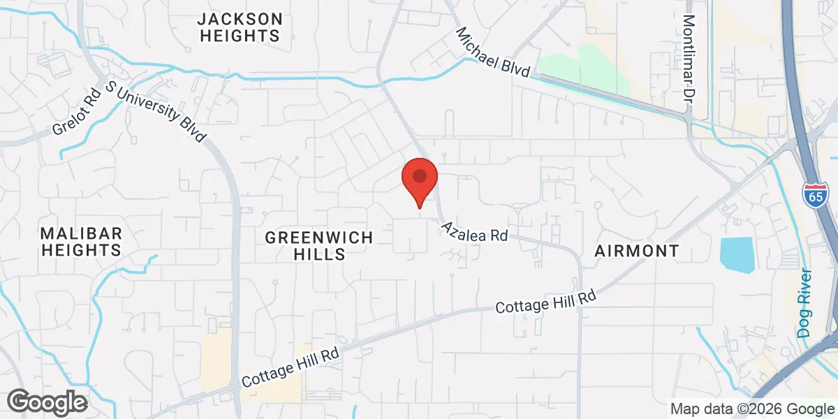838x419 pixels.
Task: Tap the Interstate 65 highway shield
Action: click(x=815, y=195)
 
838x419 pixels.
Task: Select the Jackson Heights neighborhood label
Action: click(x=240, y=27)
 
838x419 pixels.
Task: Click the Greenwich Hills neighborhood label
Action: click(x=318, y=246)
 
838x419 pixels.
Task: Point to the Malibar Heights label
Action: click(x=81, y=241)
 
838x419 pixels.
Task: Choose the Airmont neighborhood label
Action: click(x=636, y=251)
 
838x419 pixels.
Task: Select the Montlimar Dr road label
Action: click(x=690, y=57)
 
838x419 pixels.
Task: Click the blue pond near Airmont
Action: click(x=737, y=255)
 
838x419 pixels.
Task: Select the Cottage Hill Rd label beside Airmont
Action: click(x=545, y=302)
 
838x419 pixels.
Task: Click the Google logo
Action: click(x=47, y=402)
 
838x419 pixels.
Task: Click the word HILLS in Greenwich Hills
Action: click(x=325, y=254)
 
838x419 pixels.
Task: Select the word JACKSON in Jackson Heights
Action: click(x=240, y=19)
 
